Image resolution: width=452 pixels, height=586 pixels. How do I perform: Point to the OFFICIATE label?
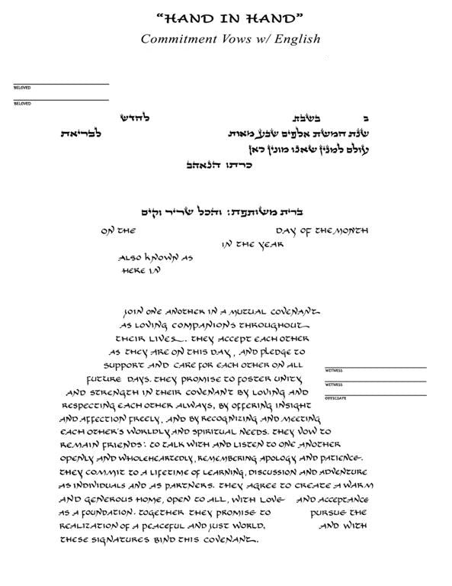pyautogui.click(x=335, y=398)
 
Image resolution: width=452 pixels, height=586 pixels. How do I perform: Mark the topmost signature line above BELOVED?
pyautogui.click(x=60, y=84)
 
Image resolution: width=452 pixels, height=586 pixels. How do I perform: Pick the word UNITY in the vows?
pyautogui.click(x=287, y=378)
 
